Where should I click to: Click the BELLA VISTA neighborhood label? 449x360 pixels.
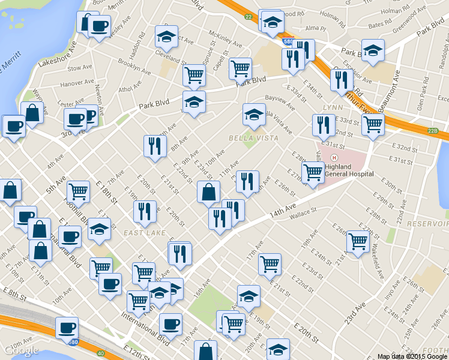[253, 138]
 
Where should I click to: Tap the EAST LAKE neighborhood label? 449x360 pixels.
[142, 232]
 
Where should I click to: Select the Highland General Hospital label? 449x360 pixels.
[349, 170]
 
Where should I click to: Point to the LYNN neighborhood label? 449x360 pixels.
[332, 107]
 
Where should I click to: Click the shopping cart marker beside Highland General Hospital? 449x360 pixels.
[313, 172]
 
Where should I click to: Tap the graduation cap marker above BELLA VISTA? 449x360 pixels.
[254, 115]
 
